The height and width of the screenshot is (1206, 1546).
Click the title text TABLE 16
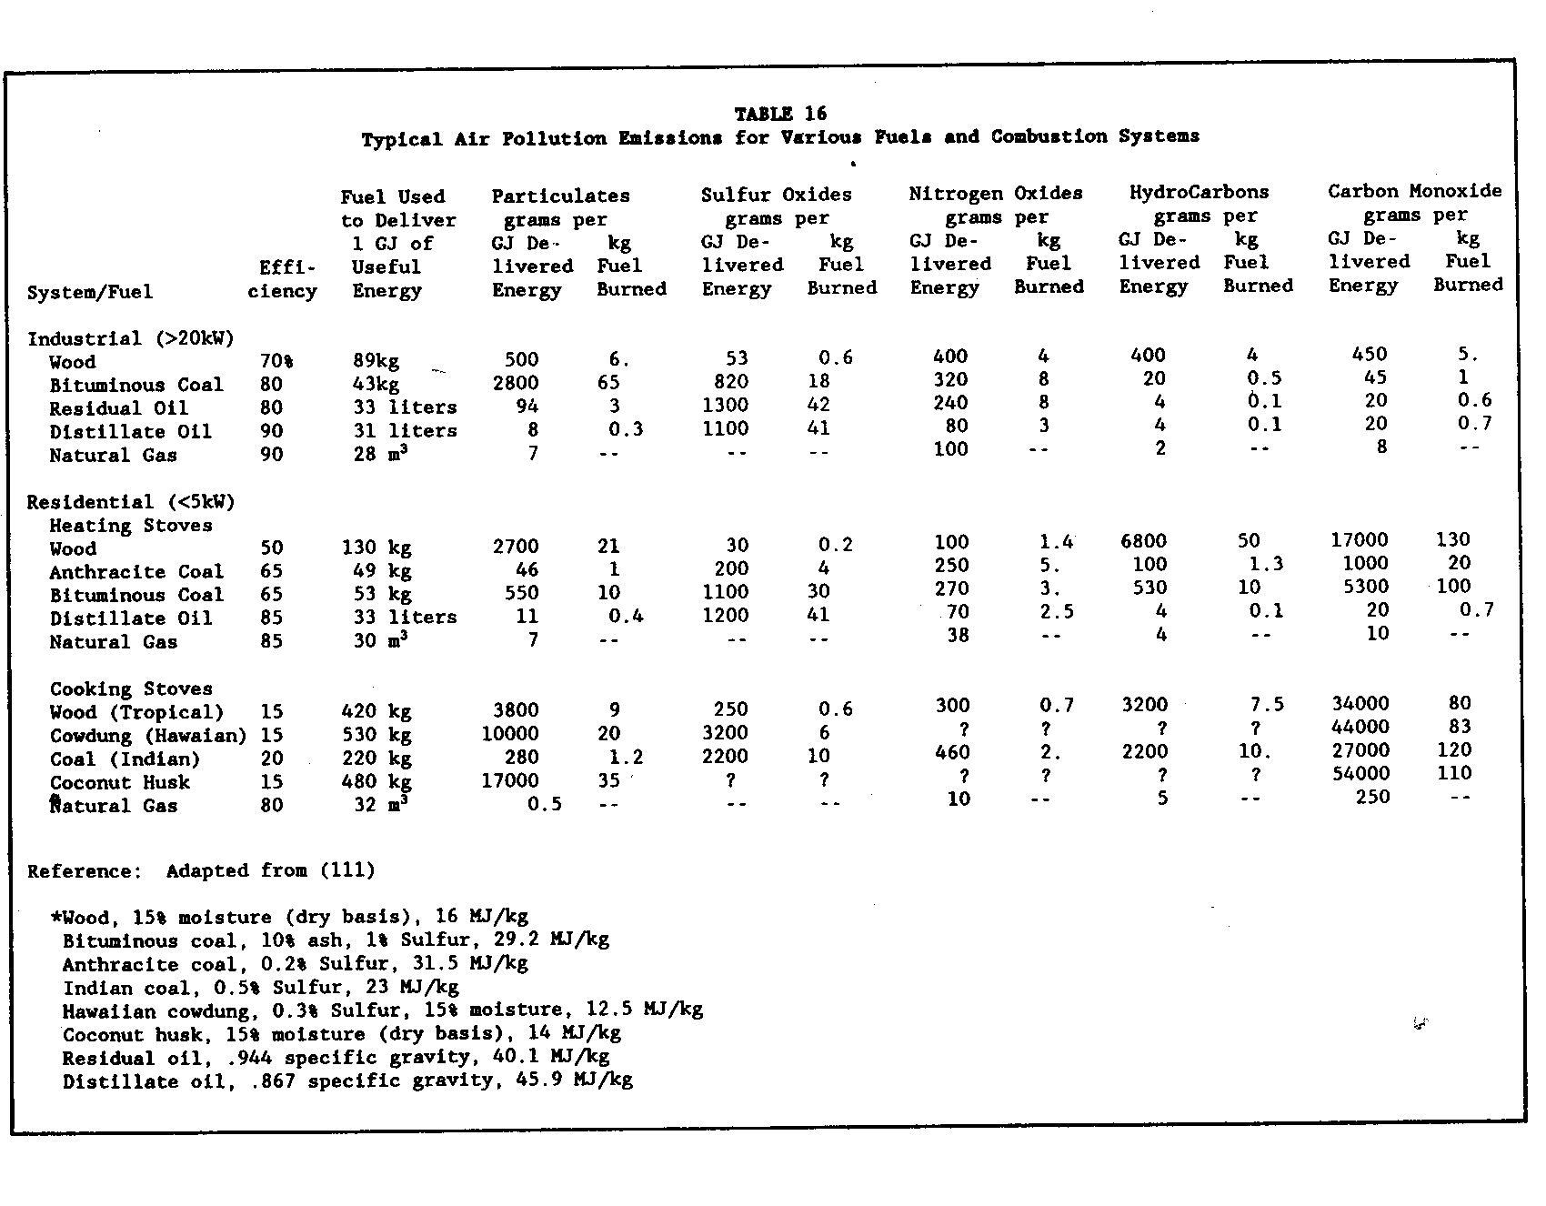(x=780, y=114)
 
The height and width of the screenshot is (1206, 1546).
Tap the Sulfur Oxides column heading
(x=776, y=195)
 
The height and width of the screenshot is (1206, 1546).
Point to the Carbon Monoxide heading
(x=1414, y=191)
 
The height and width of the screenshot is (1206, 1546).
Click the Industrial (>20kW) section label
(x=131, y=338)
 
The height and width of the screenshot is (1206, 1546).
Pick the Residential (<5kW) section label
(x=131, y=502)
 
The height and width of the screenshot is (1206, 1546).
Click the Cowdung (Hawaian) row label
(x=148, y=735)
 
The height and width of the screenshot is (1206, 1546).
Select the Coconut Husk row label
(x=120, y=782)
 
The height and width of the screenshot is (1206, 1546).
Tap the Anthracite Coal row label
(x=136, y=572)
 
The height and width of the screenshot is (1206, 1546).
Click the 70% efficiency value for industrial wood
(x=276, y=361)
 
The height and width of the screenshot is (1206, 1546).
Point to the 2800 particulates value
(x=516, y=383)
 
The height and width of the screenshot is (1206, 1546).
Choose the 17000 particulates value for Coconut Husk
(x=510, y=780)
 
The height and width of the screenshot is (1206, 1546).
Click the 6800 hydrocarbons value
(x=1143, y=541)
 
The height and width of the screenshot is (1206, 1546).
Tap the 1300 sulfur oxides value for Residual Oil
(x=726, y=405)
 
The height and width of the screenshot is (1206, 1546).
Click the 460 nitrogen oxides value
(x=951, y=752)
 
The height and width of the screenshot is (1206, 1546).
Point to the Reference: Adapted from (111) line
(x=201, y=870)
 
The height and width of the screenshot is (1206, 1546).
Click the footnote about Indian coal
(x=261, y=987)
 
